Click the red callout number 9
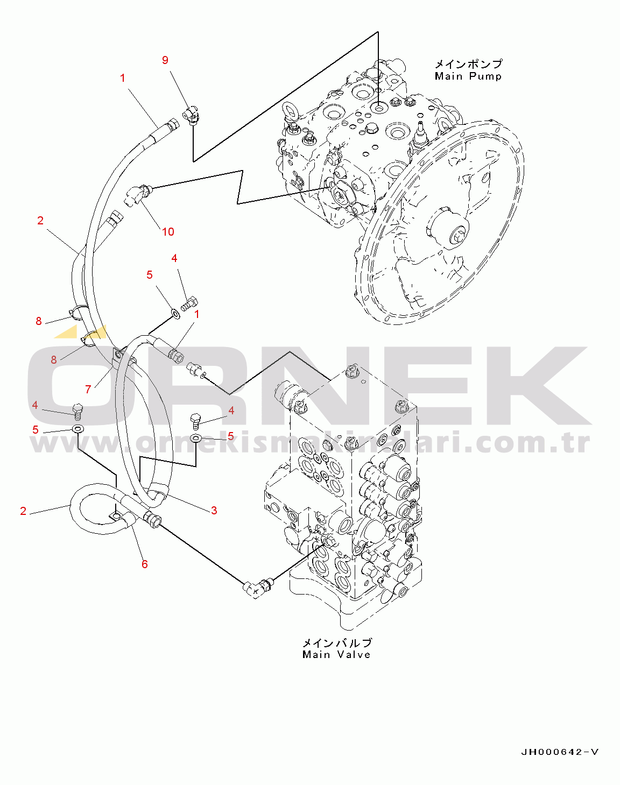[x=165, y=60]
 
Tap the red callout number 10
[x=168, y=232]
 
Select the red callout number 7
[x=88, y=389]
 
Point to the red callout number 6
[x=145, y=564]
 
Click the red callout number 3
[x=214, y=510]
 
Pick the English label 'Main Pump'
[x=468, y=76]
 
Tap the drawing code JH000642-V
[x=560, y=752]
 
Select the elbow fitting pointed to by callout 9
[x=191, y=115]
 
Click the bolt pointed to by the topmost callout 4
[x=189, y=303]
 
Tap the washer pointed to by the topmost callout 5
[x=175, y=313]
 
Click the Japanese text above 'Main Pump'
[x=469, y=64]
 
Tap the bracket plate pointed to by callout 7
[x=117, y=356]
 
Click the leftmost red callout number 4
[x=35, y=405]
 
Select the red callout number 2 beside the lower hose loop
[x=23, y=511]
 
